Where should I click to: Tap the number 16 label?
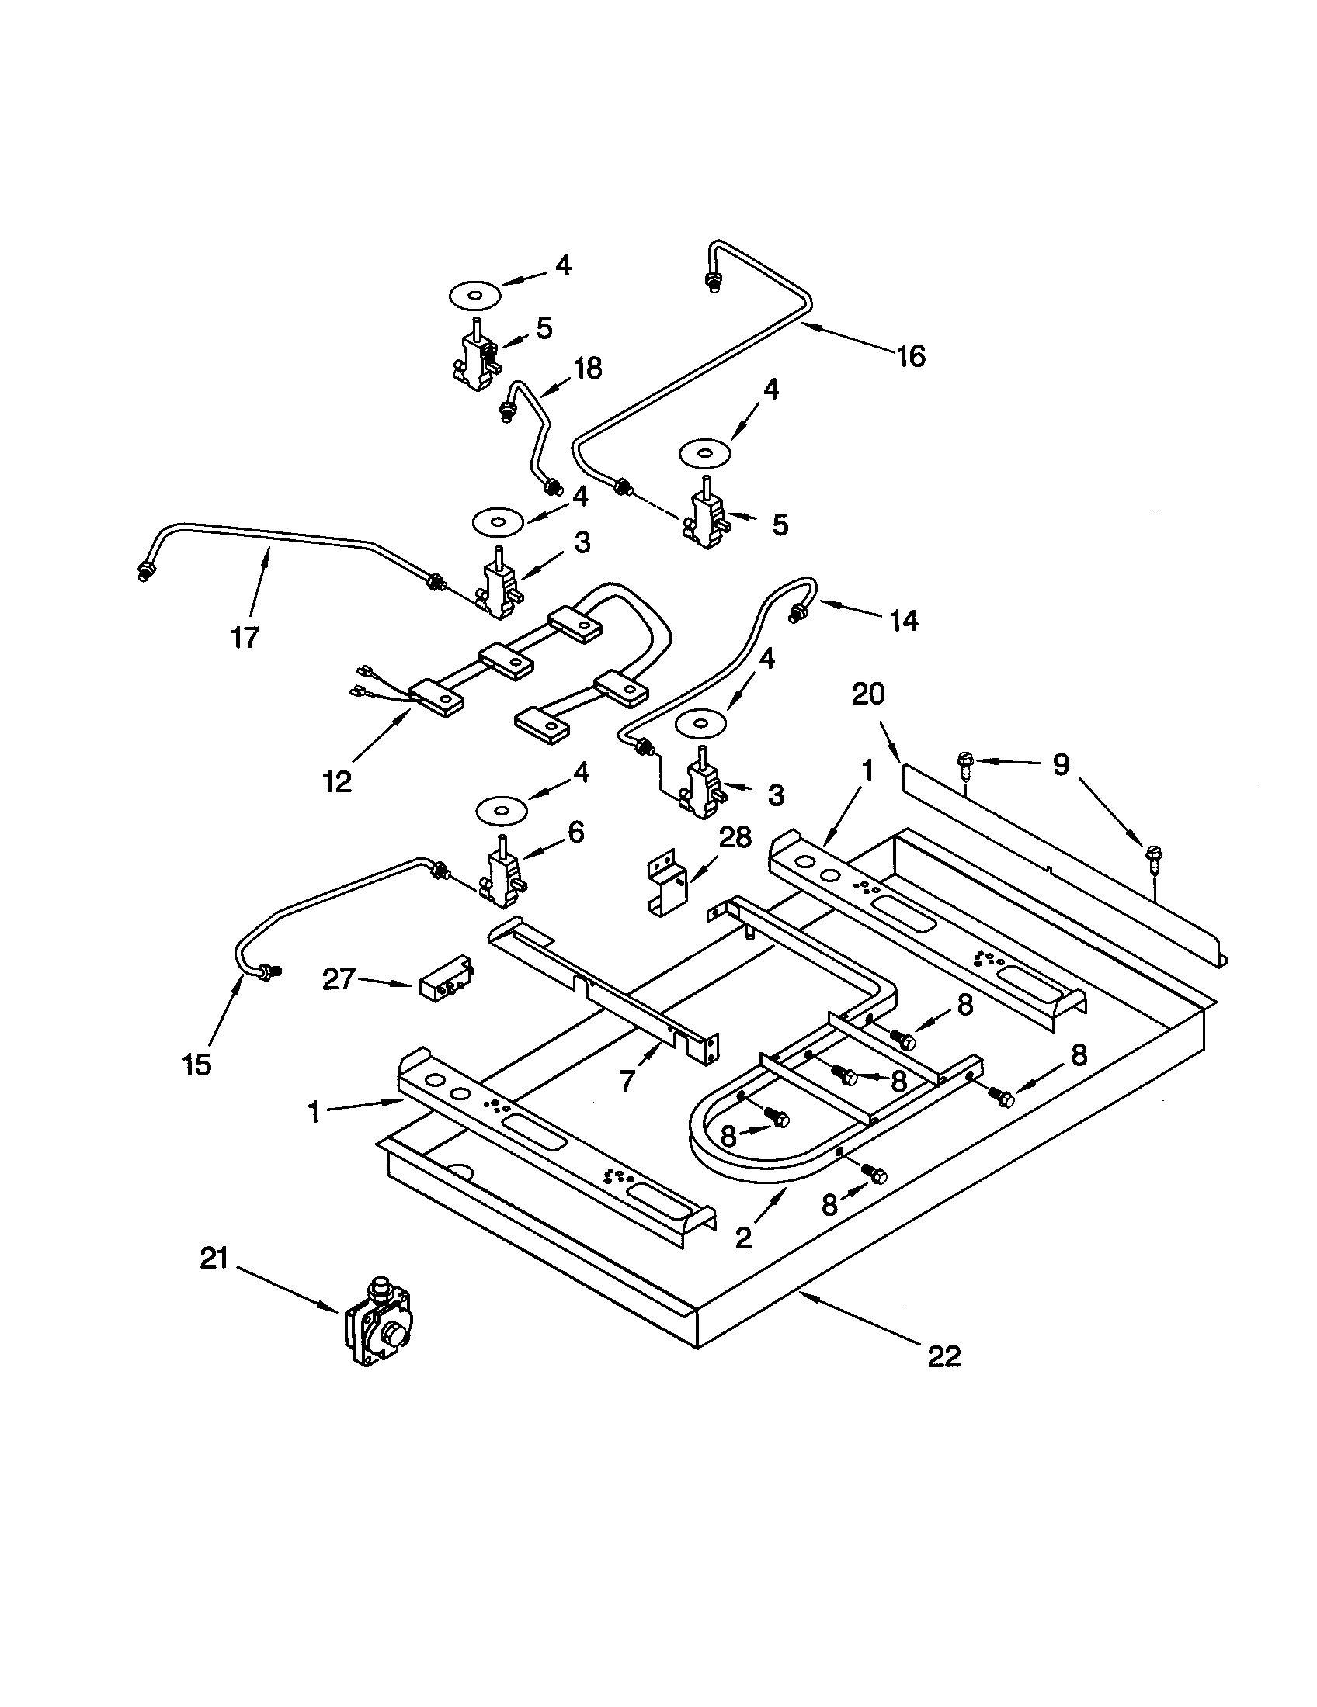tap(910, 356)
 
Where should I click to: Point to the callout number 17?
tap(245, 638)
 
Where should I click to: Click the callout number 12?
tap(337, 781)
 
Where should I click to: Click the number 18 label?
tap(587, 368)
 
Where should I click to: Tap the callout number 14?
tap(904, 621)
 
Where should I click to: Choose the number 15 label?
tap(196, 1064)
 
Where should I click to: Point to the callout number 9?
tap(1061, 764)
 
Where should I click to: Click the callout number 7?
tap(627, 1082)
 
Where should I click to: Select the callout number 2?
tap(744, 1236)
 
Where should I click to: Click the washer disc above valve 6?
tap(499, 810)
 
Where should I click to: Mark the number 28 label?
tap(735, 837)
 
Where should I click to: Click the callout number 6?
tap(575, 833)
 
